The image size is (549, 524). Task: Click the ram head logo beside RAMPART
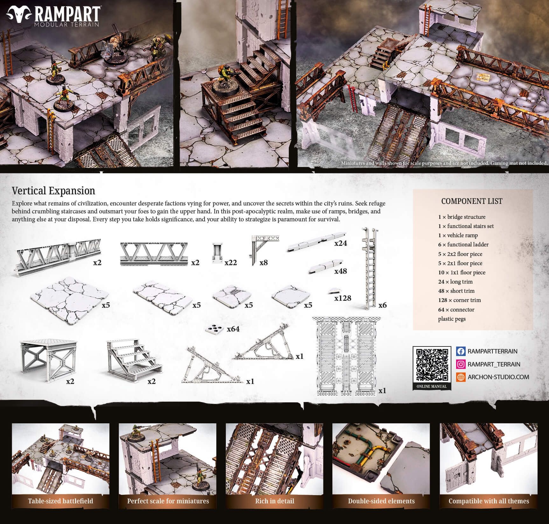click(x=19, y=14)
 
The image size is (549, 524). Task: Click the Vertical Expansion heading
click(x=53, y=191)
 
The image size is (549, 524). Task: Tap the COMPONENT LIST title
click(x=471, y=201)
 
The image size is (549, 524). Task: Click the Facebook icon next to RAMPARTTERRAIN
click(x=461, y=351)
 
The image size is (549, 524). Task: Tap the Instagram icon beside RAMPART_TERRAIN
click(x=461, y=364)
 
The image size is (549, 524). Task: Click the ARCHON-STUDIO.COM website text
click(x=498, y=377)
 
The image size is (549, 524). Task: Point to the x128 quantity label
click(x=343, y=298)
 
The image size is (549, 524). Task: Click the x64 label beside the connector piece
click(x=233, y=329)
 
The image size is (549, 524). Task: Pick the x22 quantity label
click(x=231, y=262)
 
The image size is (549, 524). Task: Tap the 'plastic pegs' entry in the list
click(x=452, y=319)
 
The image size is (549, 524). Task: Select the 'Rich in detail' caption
click(x=274, y=501)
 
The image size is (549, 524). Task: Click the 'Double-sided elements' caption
click(x=381, y=501)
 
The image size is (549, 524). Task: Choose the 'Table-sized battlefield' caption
click(x=60, y=501)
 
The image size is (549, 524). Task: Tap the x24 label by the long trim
click(x=340, y=243)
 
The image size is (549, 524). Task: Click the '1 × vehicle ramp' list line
click(x=458, y=235)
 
